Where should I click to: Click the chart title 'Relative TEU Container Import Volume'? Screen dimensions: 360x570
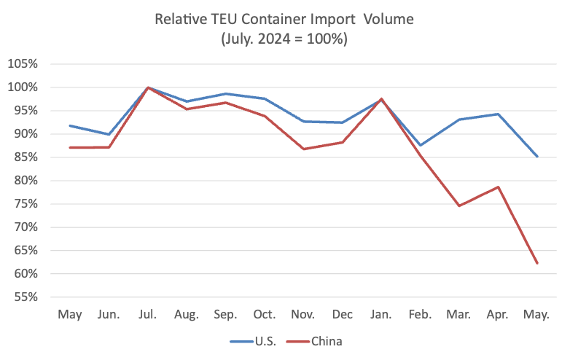tap(284, 19)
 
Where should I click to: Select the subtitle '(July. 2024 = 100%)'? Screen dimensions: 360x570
tap(284, 39)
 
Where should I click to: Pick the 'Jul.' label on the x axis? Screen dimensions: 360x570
tap(148, 314)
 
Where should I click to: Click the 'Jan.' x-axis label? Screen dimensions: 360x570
tap(381, 314)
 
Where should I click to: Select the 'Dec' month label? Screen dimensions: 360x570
tap(343, 314)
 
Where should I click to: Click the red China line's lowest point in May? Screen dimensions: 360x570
tap(537, 263)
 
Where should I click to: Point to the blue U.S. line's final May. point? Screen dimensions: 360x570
tap(537, 157)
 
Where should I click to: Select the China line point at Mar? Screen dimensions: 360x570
tap(459, 206)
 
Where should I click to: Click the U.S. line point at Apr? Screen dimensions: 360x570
tap(499, 114)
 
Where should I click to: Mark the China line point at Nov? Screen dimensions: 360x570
tap(304, 149)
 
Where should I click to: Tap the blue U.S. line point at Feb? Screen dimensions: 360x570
tap(421, 145)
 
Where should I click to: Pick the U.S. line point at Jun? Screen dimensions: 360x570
tap(109, 134)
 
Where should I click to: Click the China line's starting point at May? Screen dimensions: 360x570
tap(70, 147)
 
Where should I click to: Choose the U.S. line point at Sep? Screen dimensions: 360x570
tap(226, 94)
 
